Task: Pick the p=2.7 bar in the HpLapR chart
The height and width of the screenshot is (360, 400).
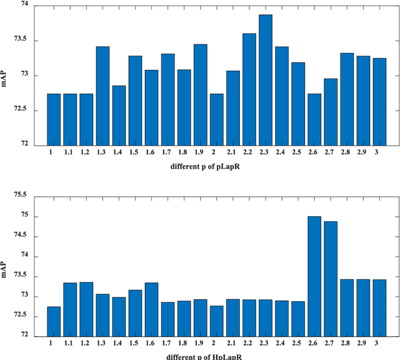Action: coord(331,279)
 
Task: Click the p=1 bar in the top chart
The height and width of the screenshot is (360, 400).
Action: coord(54,119)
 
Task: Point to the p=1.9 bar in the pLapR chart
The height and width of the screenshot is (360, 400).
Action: coord(200,94)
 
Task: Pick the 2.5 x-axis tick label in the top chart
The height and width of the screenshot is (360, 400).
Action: coord(298,152)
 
